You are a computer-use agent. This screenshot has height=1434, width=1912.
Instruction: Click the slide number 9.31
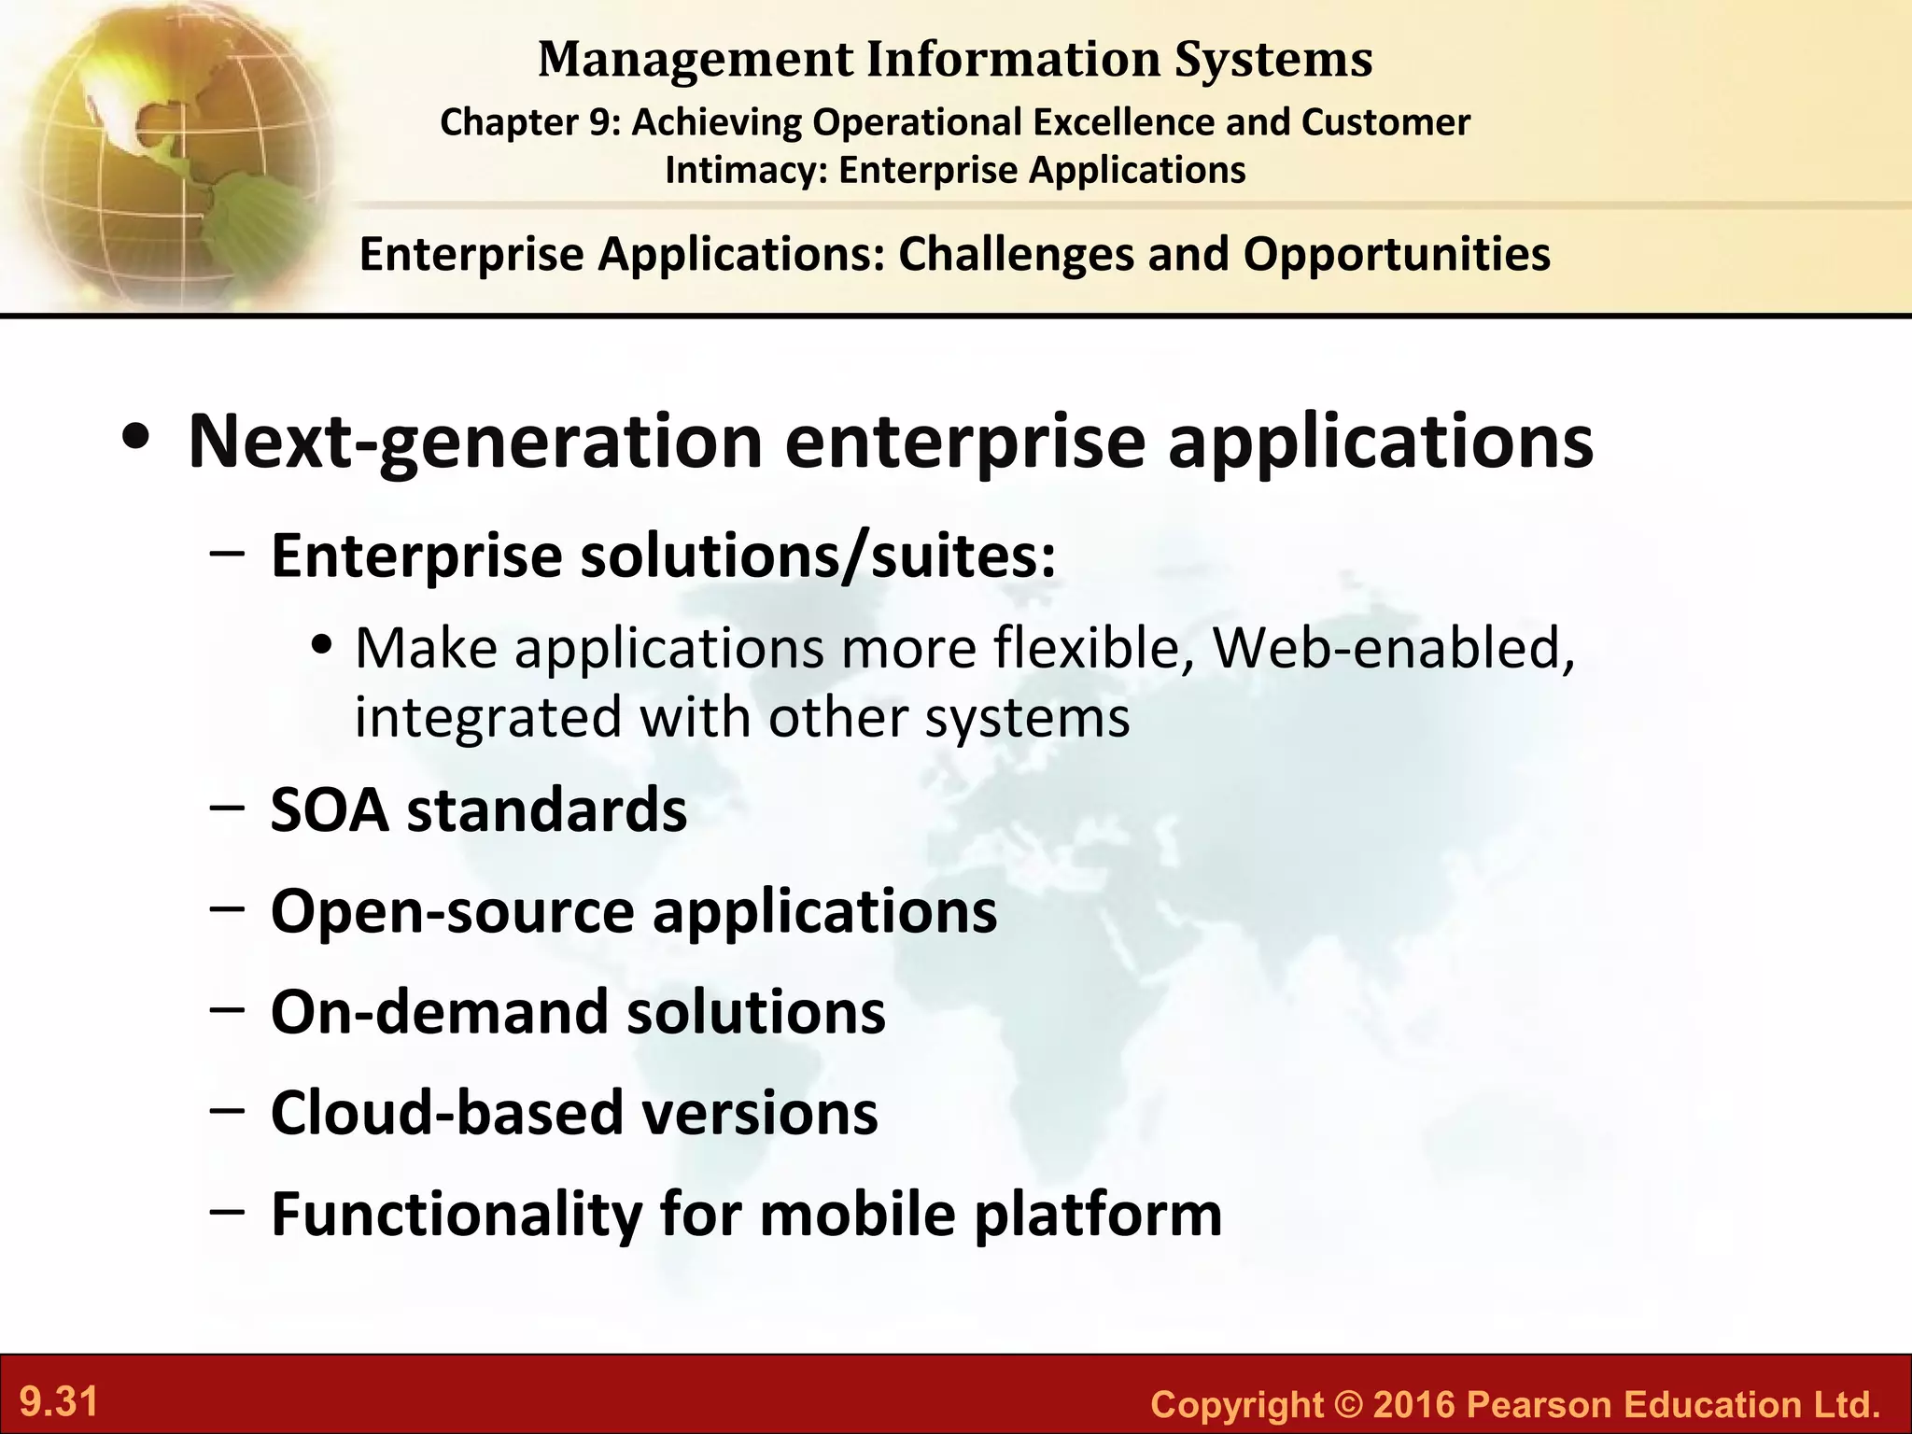click(59, 1402)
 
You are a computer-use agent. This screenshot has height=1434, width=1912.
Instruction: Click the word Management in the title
click(696, 59)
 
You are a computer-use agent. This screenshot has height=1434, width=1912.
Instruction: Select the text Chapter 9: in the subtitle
click(529, 122)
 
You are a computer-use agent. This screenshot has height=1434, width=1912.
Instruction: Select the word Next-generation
click(475, 443)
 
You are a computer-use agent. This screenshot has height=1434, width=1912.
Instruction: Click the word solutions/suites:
click(819, 556)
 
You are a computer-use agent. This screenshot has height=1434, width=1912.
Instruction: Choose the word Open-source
click(452, 911)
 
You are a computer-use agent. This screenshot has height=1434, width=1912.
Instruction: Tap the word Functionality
click(456, 1215)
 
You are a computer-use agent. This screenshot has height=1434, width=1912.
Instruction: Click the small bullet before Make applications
click(323, 646)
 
